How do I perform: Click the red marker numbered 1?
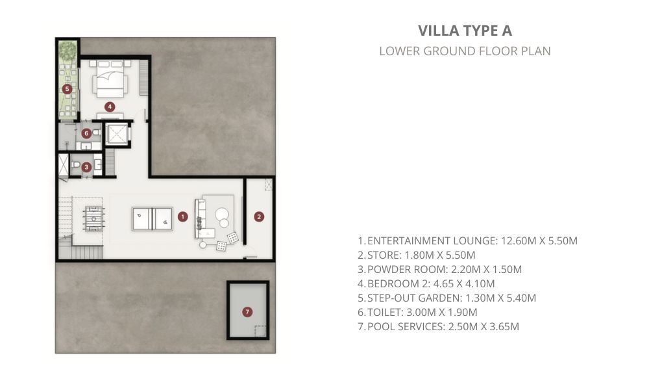(182, 216)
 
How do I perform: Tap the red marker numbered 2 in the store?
(259, 216)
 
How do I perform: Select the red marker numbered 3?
(86, 167)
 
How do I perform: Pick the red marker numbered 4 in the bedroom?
(110, 107)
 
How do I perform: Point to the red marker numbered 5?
(67, 88)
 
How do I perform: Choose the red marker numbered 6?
(86, 133)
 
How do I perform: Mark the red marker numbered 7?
(247, 312)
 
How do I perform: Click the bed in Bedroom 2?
(110, 79)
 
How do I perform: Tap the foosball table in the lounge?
(93, 219)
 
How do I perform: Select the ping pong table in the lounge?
(153, 219)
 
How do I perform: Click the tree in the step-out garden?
(67, 51)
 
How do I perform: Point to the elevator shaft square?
(116, 135)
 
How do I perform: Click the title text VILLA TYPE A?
(465, 31)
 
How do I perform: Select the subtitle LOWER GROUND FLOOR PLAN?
(465, 51)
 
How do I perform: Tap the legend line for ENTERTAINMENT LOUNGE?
(467, 240)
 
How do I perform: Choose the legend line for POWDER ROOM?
(439, 269)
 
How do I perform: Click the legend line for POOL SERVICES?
(438, 326)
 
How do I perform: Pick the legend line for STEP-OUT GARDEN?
(447, 298)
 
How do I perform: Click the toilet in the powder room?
(76, 165)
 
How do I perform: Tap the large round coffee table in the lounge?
(221, 213)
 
